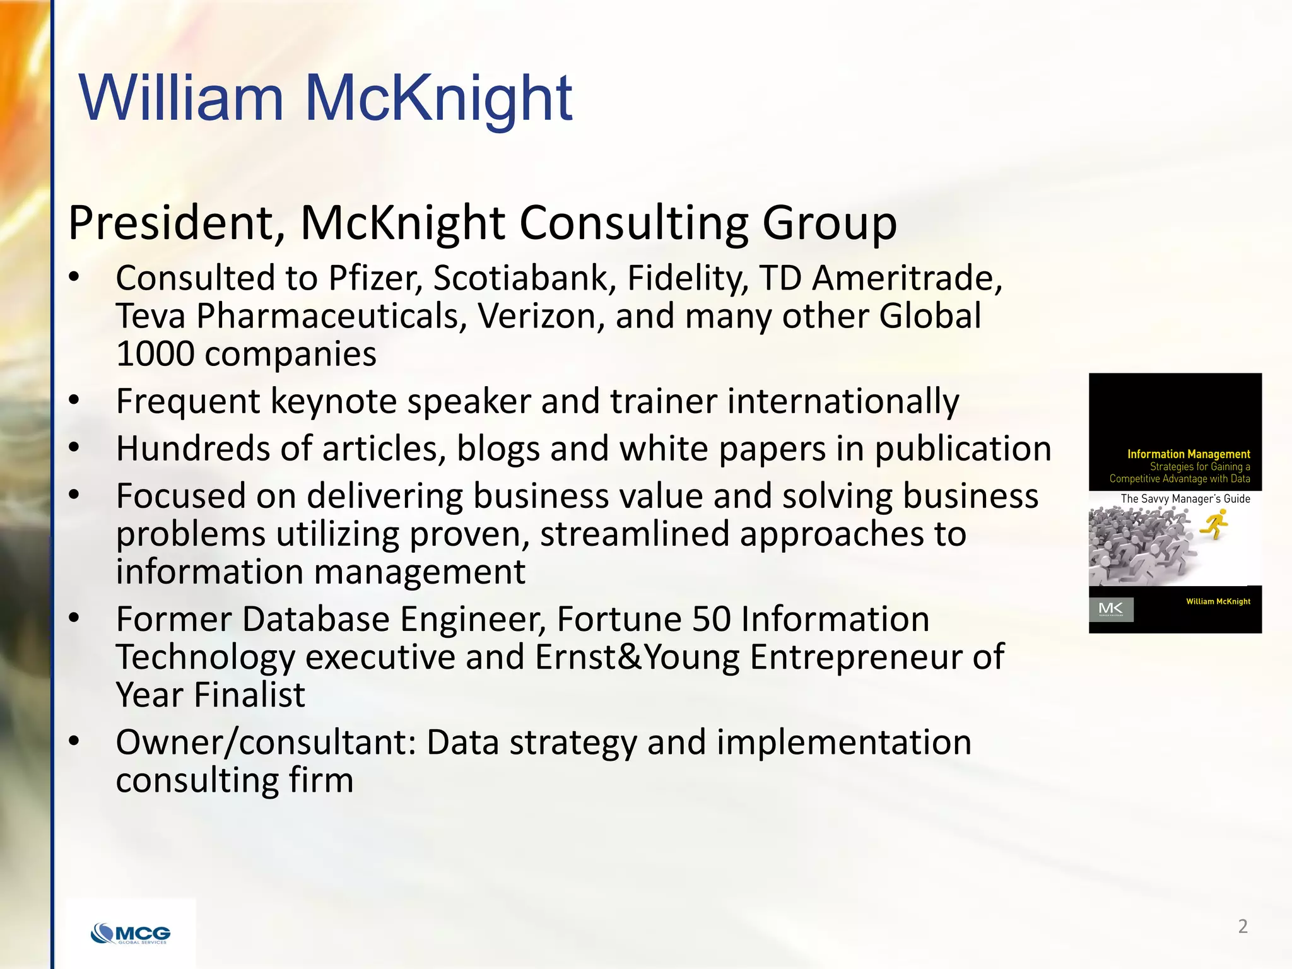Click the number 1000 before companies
click(x=155, y=354)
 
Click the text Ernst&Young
click(x=637, y=657)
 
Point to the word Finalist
click(x=249, y=695)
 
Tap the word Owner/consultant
click(x=266, y=743)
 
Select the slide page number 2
click(x=1243, y=926)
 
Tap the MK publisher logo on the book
click(x=1111, y=609)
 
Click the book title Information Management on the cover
click(x=1189, y=454)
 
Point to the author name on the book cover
click(x=1218, y=601)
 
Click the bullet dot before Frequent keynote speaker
click(x=74, y=400)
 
